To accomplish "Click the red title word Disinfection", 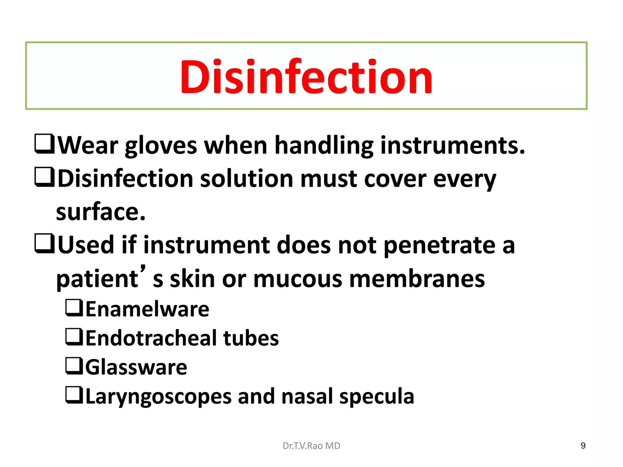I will [x=306, y=77].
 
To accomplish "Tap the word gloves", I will [x=161, y=146].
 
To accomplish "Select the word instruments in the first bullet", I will [x=452, y=145].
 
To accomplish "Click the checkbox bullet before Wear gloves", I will [x=44, y=144].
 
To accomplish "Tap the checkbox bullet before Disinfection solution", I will [x=44, y=177].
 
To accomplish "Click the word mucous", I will [x=297, y=279].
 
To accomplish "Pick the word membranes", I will [x=417, y=279].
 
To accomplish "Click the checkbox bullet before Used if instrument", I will [x=44, y=243].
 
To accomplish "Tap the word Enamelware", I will [x=148, y=309].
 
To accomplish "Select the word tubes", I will [x=251, y=338].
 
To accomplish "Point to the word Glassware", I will [x=136, y=367].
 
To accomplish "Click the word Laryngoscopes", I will [x=158, y=397].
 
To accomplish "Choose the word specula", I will [x=377, y=397].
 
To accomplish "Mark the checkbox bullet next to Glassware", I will [x=74, y=366].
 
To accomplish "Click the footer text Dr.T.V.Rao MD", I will [x=311, y=446].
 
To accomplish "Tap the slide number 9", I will [x=583, y=446].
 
